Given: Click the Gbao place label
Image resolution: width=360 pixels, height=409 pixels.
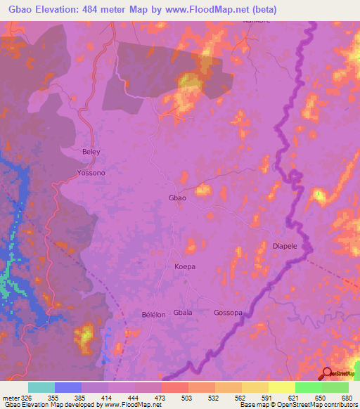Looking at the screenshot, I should (177, 198).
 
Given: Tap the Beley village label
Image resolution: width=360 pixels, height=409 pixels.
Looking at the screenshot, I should (91, 152).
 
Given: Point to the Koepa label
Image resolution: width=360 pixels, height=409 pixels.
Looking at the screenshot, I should (185, 267).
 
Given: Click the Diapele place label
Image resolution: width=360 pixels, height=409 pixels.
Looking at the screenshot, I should (286, 247).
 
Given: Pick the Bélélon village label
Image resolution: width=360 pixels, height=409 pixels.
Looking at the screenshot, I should (153, 315).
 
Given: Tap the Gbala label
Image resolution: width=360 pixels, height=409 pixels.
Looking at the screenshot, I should (183, 313).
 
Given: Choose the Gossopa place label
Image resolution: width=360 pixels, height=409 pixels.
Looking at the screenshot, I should (228, 313).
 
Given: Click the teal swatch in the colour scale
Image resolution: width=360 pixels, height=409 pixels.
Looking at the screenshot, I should (41, 387).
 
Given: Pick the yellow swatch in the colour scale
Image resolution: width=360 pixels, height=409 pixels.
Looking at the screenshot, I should (281, 387).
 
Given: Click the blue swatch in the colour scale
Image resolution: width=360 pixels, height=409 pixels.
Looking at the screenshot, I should (68, 387).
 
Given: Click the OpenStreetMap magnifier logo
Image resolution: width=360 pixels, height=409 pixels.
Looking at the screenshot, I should (327, 375).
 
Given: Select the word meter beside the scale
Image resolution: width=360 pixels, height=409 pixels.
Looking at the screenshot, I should (11, 398).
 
